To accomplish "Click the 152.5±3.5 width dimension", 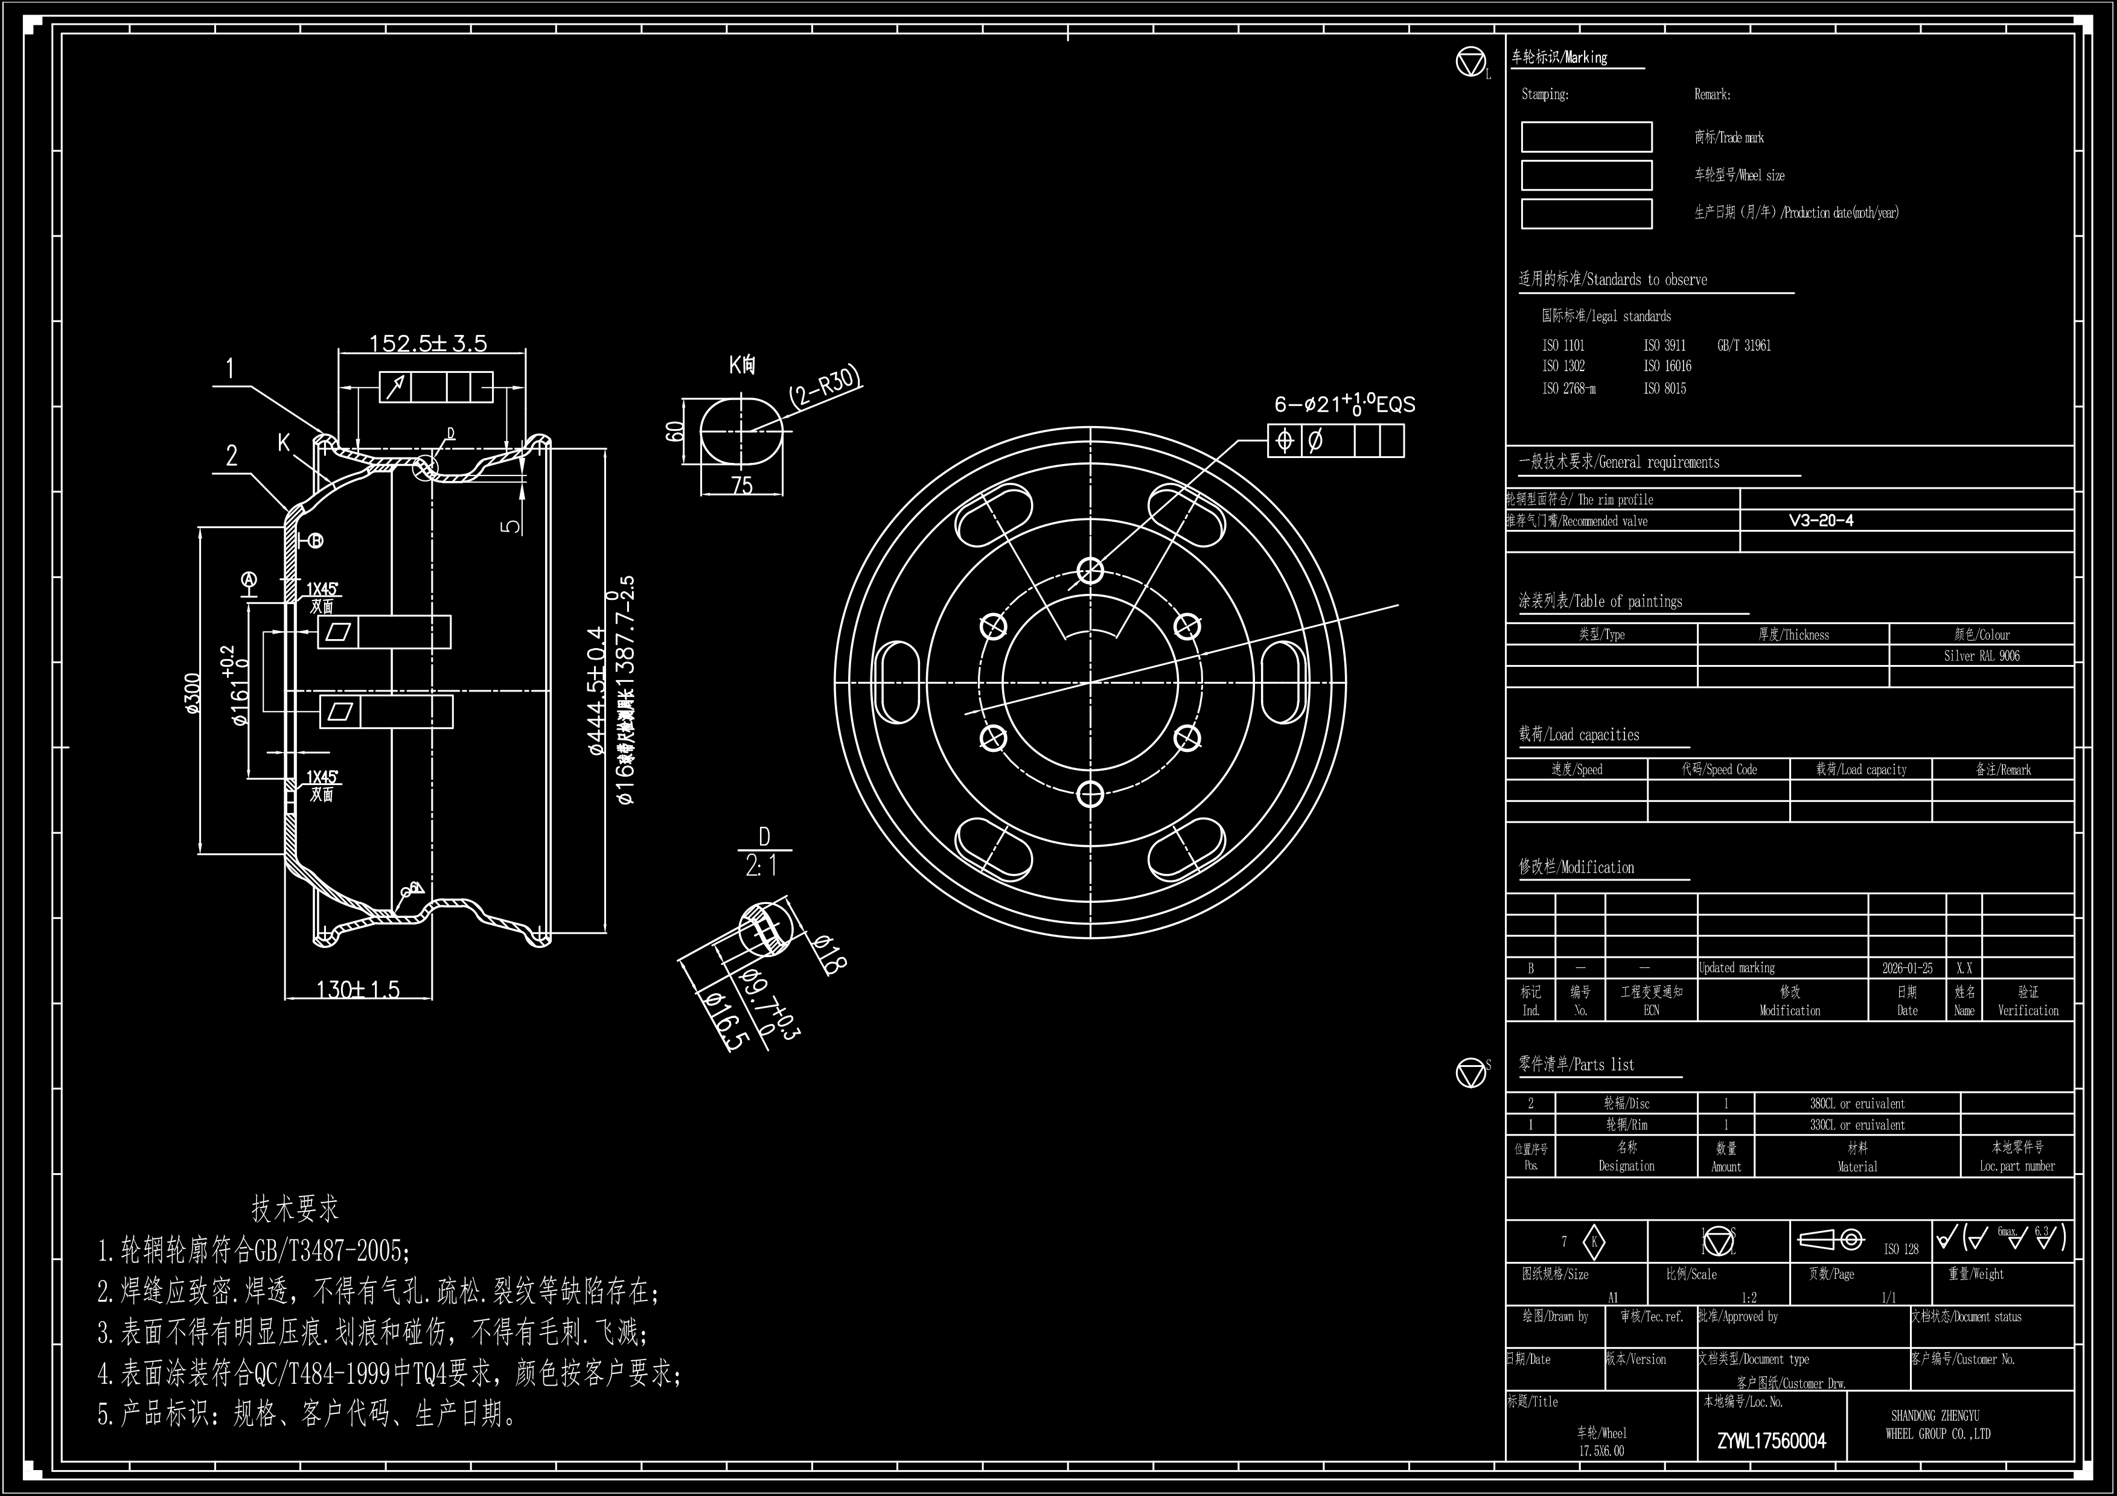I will [x=428, y=343].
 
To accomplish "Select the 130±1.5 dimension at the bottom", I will [x=358, y=990].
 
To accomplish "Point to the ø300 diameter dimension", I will [x=192, y=693].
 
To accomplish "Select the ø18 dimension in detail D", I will [x=829, y=955].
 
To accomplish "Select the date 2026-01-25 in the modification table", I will [x=1907, y=968].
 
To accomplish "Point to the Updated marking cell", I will [x=1737, y=968].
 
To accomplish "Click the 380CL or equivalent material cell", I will [x=1857, y=1103].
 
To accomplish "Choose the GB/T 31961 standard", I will [x=1743, y=346].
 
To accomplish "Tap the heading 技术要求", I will [x=295, y=1208].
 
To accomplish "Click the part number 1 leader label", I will [x=231, y=369].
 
